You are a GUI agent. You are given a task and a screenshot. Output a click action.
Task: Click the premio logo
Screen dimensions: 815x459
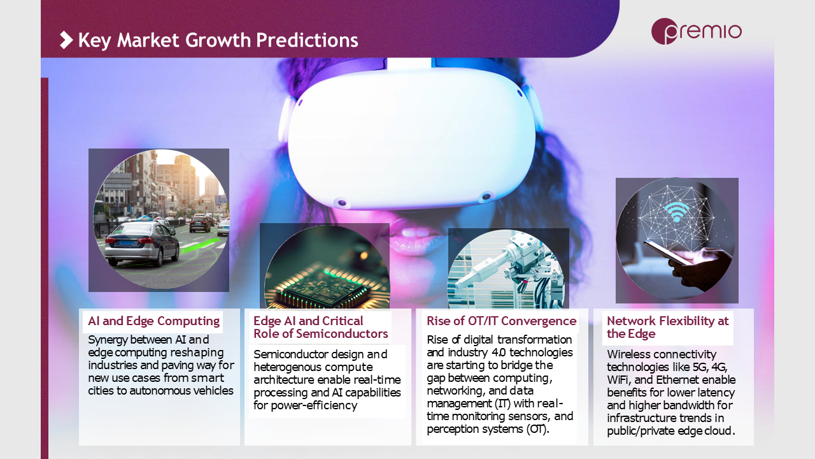point(696,31)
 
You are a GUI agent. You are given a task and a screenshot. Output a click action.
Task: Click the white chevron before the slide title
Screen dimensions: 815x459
point(66,40)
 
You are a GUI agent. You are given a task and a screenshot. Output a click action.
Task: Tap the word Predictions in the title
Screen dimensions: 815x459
point(307,40)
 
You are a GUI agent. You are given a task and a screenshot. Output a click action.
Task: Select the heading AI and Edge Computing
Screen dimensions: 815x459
point(153,321)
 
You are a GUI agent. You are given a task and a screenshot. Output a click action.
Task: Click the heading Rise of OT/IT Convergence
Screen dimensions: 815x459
point(501,321)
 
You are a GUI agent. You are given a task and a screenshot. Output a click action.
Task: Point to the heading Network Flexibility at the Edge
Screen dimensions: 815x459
point(668,327)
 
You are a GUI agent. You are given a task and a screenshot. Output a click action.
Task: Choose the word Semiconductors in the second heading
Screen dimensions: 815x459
point(341,333)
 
